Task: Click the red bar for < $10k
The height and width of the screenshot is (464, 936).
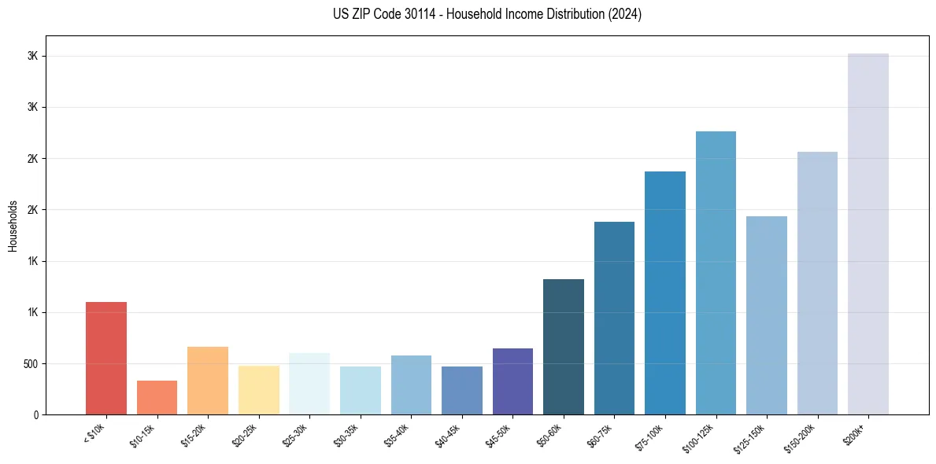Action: pos(106,359)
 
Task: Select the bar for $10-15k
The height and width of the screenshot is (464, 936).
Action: pos(157,398)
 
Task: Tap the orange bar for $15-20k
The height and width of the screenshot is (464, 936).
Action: pos(208,381)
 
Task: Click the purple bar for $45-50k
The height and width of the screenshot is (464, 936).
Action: pos(512,381)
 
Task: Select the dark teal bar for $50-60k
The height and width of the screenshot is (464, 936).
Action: pos(564,347)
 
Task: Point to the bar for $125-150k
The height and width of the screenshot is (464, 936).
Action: pos(767,315)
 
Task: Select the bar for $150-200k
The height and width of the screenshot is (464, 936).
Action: pos(817,283)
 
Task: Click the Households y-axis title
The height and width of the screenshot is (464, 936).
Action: pos(13,225)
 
